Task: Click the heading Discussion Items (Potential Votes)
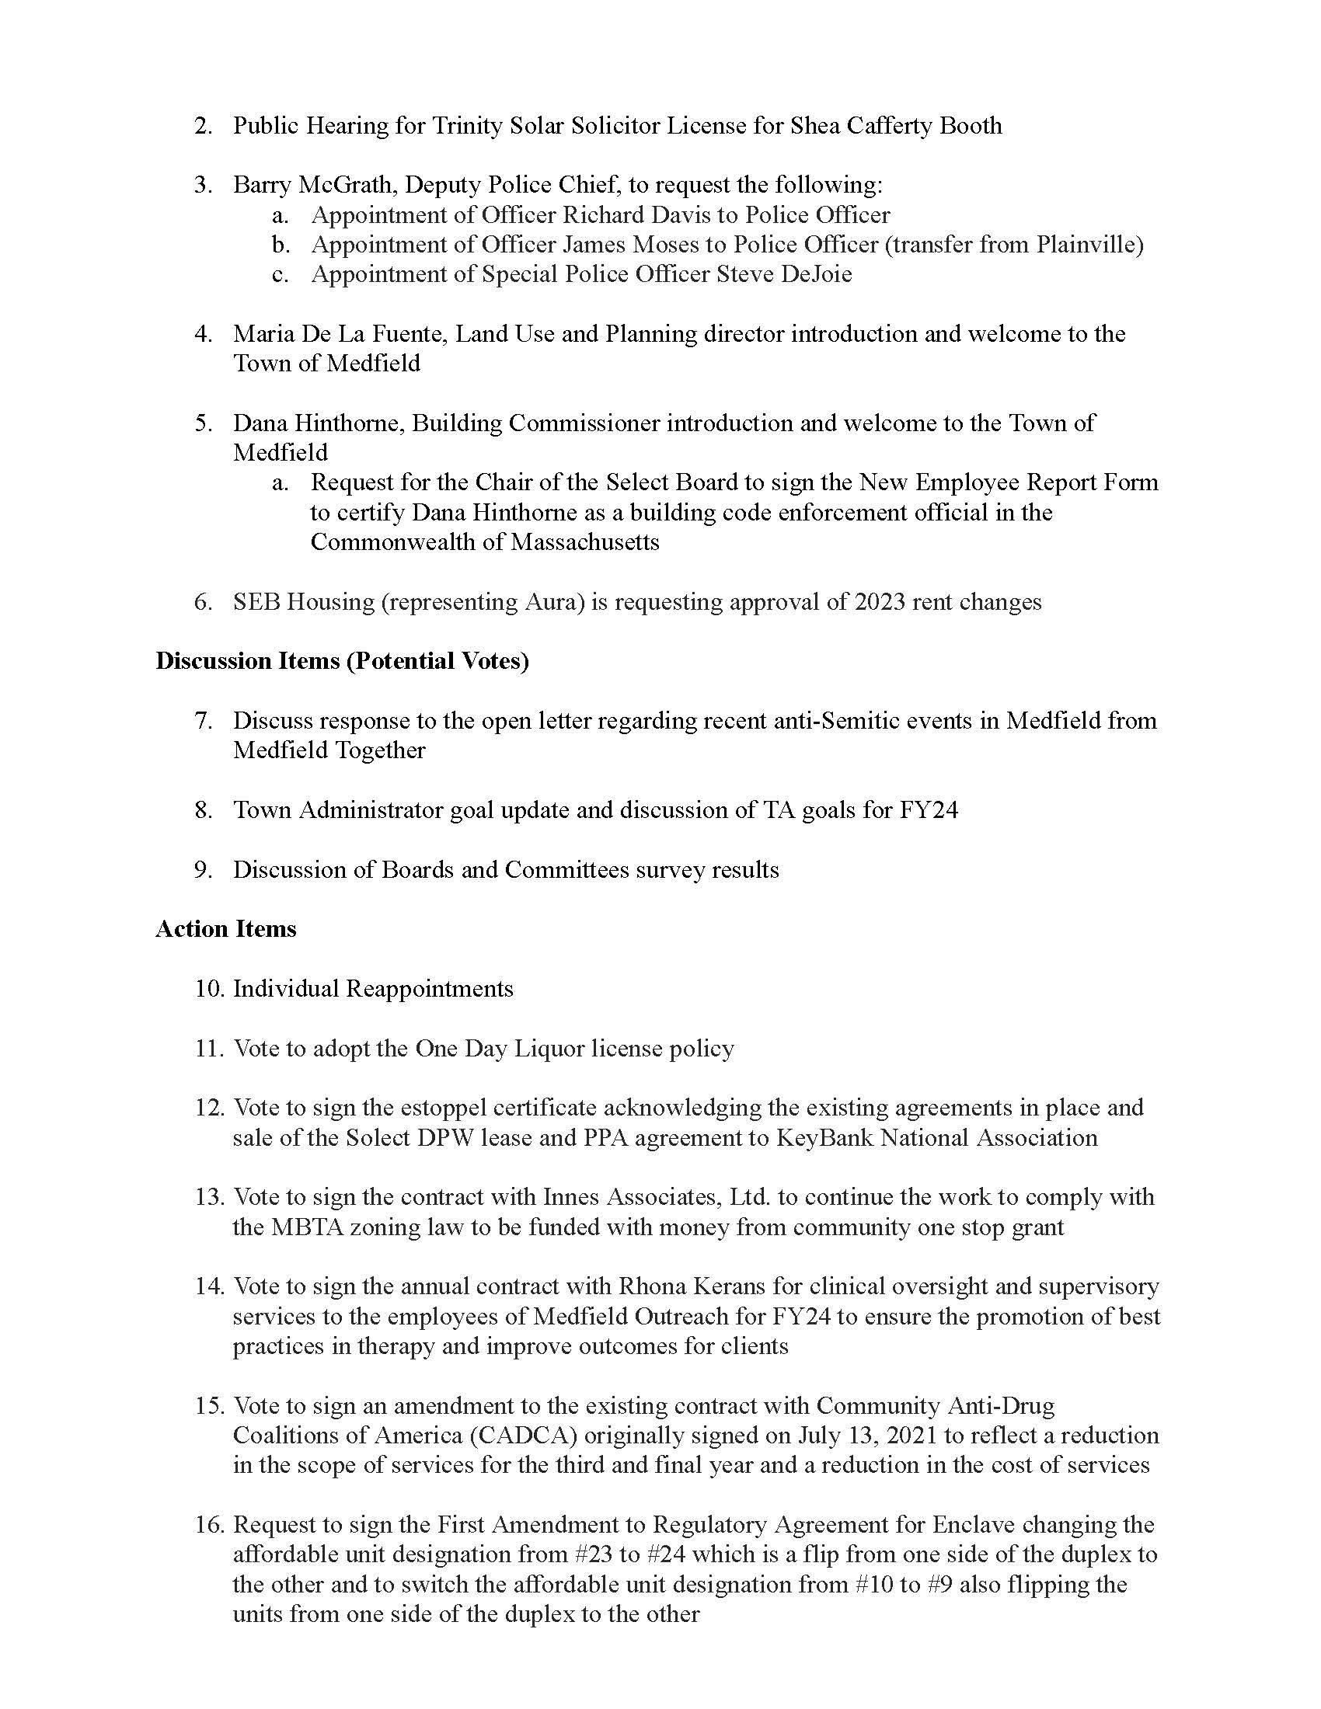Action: pos(342,661)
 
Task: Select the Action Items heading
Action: pos(225,929)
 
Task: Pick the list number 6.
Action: pos(203,602)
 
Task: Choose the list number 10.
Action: pos(210,989)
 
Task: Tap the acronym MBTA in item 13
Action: pos(307,1227)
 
